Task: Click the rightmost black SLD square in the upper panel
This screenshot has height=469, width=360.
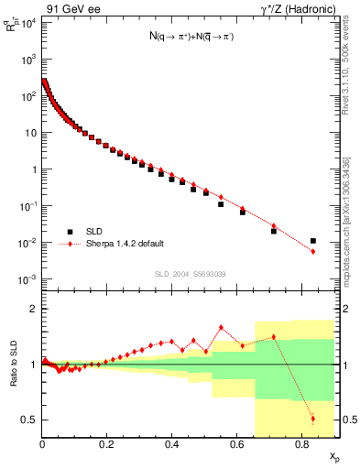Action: [x=313, y=241]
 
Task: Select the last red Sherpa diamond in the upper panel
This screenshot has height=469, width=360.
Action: [x=313, y=251]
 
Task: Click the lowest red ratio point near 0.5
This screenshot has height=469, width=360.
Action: [x=313, y=420]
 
